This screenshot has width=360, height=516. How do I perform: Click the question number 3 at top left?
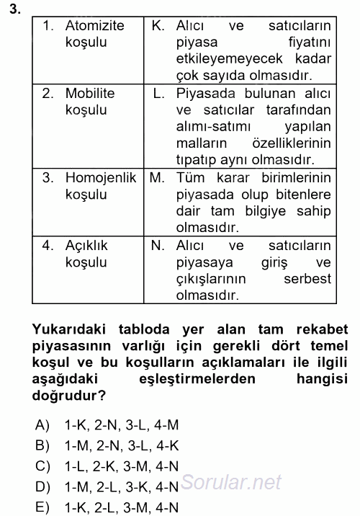[x=7, y=9]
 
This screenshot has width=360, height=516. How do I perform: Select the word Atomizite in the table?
[x=94, y=26]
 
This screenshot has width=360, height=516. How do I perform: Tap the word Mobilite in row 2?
[x=91, y=94]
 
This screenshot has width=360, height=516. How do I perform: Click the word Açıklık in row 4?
[x=86, y=245]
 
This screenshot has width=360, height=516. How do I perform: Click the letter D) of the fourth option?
[x=42, y=486]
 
